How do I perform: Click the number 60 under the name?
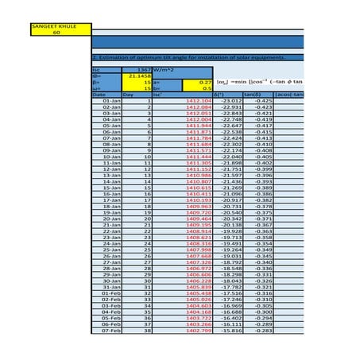click(56, 33)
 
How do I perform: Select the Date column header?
click(100, 94)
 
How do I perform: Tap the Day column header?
click(129, 94)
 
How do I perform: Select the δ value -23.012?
click(230, 101)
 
